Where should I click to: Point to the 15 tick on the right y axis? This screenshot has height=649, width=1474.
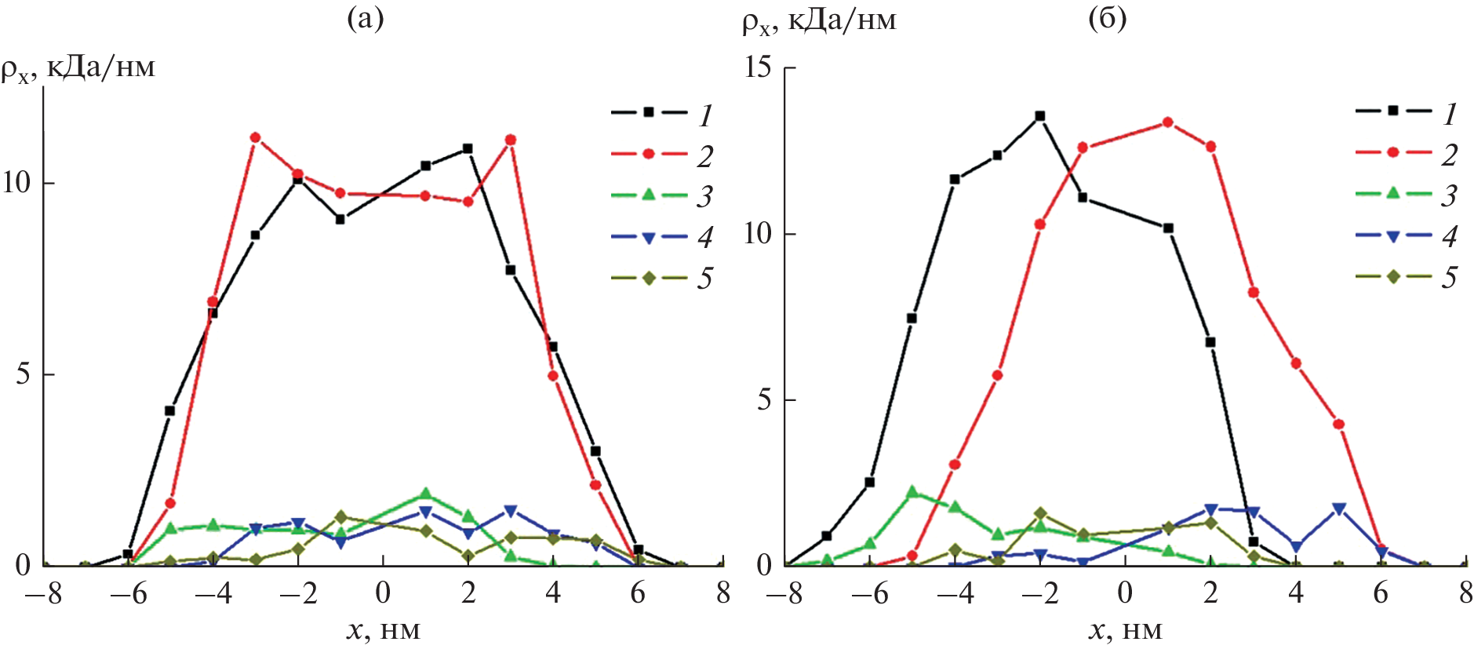tap(759, 67)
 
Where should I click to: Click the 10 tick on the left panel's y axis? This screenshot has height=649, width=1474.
tap(17, 183)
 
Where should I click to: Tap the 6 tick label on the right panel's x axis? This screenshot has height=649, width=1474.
tap(1381, 594)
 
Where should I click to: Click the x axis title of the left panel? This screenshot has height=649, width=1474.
tap(384, 629)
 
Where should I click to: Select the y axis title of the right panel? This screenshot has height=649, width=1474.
tap(818, 20)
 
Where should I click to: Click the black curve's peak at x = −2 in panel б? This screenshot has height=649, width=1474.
tap(1040, 116)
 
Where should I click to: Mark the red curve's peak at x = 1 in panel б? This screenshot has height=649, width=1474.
tap(1168, 122)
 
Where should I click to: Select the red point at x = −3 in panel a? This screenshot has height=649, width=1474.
tap(255, 137)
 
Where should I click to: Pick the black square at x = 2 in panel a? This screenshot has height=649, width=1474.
tap(468, 148)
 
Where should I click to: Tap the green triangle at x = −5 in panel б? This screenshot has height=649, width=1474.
tap(912, 492)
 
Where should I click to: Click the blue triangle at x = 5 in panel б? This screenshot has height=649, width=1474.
tap(1339, 509)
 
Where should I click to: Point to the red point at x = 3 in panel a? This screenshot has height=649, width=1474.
tap(511, 140)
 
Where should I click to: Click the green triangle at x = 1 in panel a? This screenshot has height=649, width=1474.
tap(425, 494)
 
